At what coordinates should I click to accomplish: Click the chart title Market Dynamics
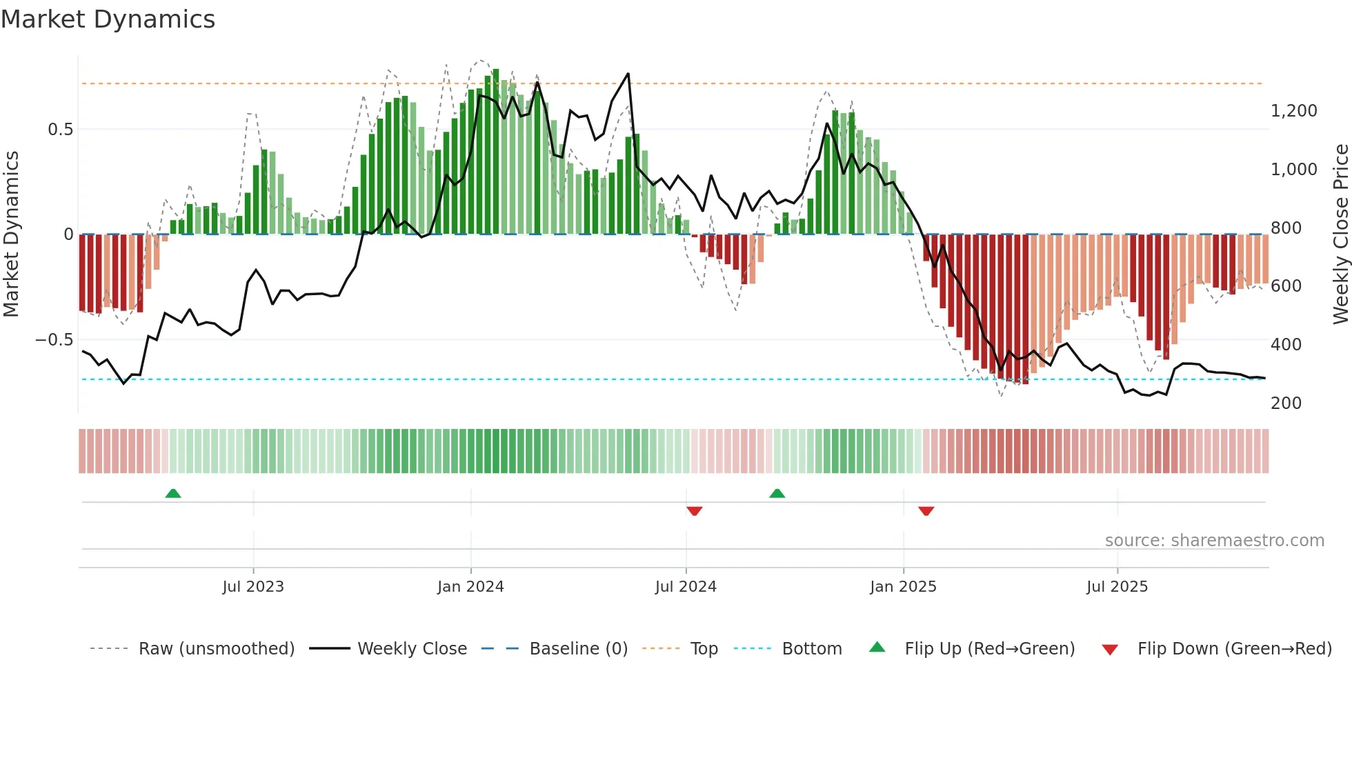click(x=108, y=19)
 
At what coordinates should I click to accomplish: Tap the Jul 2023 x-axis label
click(x=253, y=586)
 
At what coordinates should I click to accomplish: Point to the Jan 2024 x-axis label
click(x=470, y=586)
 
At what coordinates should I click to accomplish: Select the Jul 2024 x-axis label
click(x=686, y=586)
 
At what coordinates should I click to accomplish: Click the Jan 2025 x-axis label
click(x=903, y=586)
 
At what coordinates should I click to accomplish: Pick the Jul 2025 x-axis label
click(x=1117, y=586)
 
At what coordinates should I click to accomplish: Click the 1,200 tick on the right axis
click(x=1293, y=111)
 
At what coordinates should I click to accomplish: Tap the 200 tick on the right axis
click(x=1286, y=403)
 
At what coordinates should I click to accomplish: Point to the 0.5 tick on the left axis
click(x=60, y=130)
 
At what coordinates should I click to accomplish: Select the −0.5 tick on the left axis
click(x=54, y=340)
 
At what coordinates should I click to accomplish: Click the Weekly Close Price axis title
click(x=1340, y=234)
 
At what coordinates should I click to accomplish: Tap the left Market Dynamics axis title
click(x=11, y=234)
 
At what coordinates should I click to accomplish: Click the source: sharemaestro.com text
click(x=1214, y=540)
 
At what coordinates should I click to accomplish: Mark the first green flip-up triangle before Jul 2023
click(x=173, y=493)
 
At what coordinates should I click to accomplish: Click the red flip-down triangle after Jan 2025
click(x=926, y=511)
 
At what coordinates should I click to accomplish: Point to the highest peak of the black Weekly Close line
click(x=628, y=74)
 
